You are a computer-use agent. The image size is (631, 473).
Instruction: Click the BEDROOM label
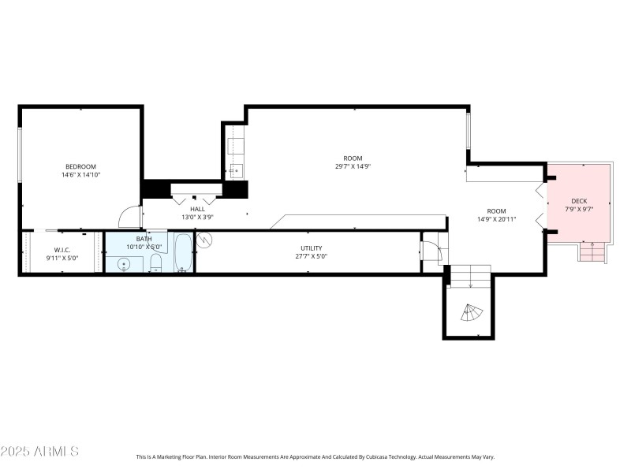click(80, 166)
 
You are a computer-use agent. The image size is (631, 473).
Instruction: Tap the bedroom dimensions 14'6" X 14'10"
click(80, 175)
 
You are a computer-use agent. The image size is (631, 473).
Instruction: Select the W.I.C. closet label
click(62, 249)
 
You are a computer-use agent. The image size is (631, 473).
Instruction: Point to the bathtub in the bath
click(183, 252)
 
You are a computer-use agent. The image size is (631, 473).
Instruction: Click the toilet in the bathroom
click(155, 263)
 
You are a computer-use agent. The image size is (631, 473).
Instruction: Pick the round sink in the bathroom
click(125, 264)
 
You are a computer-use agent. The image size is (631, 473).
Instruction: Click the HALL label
click(197, 209)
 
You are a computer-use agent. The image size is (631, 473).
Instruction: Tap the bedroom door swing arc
click(128, 216)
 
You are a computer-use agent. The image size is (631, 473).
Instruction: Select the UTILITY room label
click(311, 248)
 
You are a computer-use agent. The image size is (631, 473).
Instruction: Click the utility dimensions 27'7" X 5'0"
click(311, 257)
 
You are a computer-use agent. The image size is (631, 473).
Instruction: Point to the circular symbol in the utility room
click(205, 239)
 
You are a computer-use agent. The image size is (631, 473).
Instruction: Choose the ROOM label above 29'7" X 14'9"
click(353, 158)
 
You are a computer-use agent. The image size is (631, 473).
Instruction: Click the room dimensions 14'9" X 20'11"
click(496, 220)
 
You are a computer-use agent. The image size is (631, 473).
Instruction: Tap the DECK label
click(579, 201)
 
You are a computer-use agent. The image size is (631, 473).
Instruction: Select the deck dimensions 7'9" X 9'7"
click(579, 210)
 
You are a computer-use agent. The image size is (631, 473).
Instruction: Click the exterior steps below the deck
click(592, 252)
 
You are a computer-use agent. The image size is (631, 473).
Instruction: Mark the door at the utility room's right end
click(431, 251)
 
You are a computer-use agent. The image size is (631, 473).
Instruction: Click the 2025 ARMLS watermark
click(39, 452)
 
